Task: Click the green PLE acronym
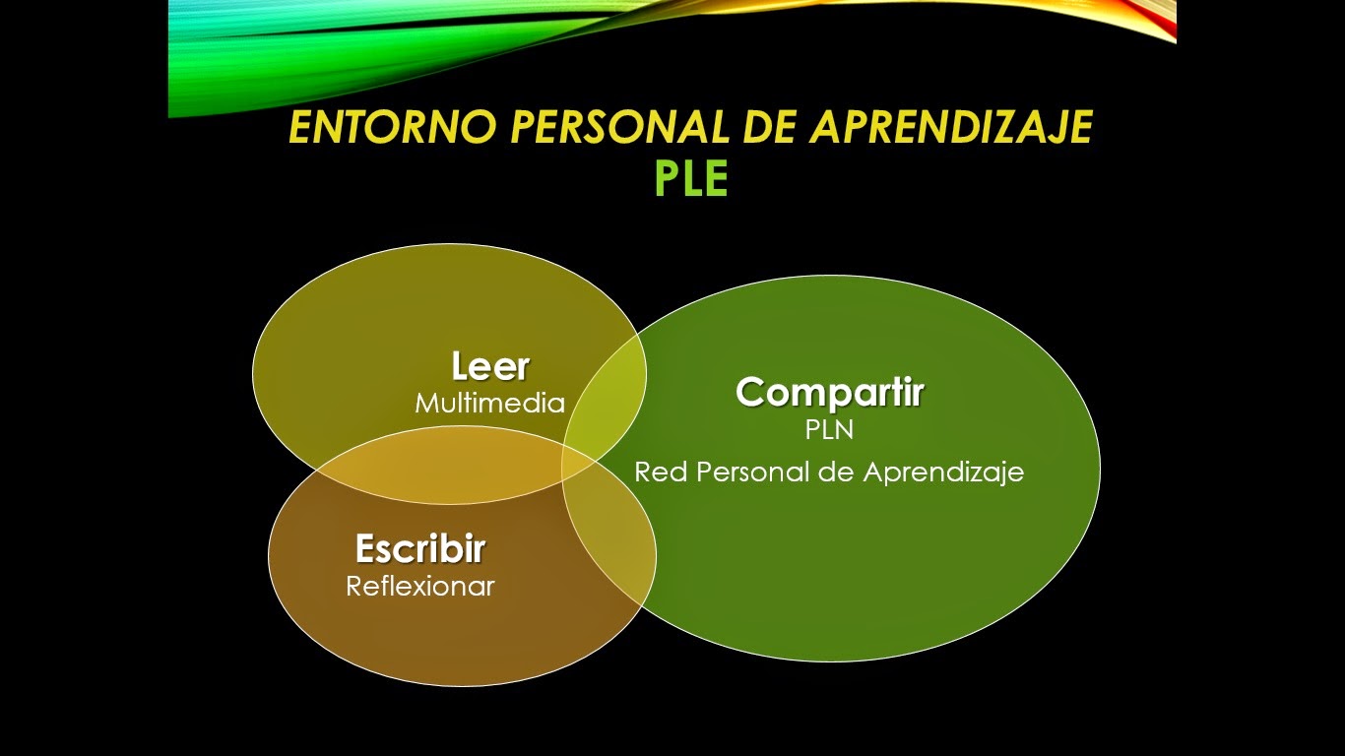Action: click(x=691, y=179)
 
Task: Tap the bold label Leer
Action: click(x=490, y=367)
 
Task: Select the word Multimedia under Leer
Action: click(x=489, y=404)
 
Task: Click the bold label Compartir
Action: click(x=829, y=393)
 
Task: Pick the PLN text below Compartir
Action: click(x=829, y=431)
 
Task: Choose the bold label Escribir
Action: click(x=420, y=548)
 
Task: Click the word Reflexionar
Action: click(x=420, y=587)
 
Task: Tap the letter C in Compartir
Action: click(x=750, y=393)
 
